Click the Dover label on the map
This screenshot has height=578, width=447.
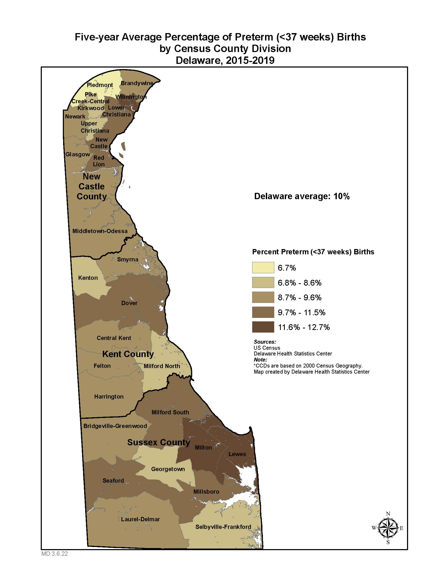coord(129,303)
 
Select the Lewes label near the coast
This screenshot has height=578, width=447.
coord(237,454)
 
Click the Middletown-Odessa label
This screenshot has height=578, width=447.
coord(100,231)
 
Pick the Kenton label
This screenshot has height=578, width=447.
coord(88,278)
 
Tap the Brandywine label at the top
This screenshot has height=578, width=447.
coord(137,83)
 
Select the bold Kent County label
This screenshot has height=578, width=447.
coord(128,354)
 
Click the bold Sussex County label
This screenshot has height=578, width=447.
coord(158,442)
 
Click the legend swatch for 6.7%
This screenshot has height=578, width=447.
coord(263,267)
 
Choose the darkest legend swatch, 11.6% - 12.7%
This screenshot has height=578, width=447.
coord(263,327)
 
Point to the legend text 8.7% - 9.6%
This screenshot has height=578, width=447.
coord(299,297)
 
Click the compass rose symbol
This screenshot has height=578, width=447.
coord(388,528)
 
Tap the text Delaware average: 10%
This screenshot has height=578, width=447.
coord(302,196)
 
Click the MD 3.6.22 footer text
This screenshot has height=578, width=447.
coord(54,554)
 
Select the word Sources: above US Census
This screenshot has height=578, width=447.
coord(265,342)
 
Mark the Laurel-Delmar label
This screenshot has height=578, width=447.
coord(140,519)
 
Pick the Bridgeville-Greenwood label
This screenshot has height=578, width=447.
coord(115,426)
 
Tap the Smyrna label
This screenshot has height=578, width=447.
coord(128,259)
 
